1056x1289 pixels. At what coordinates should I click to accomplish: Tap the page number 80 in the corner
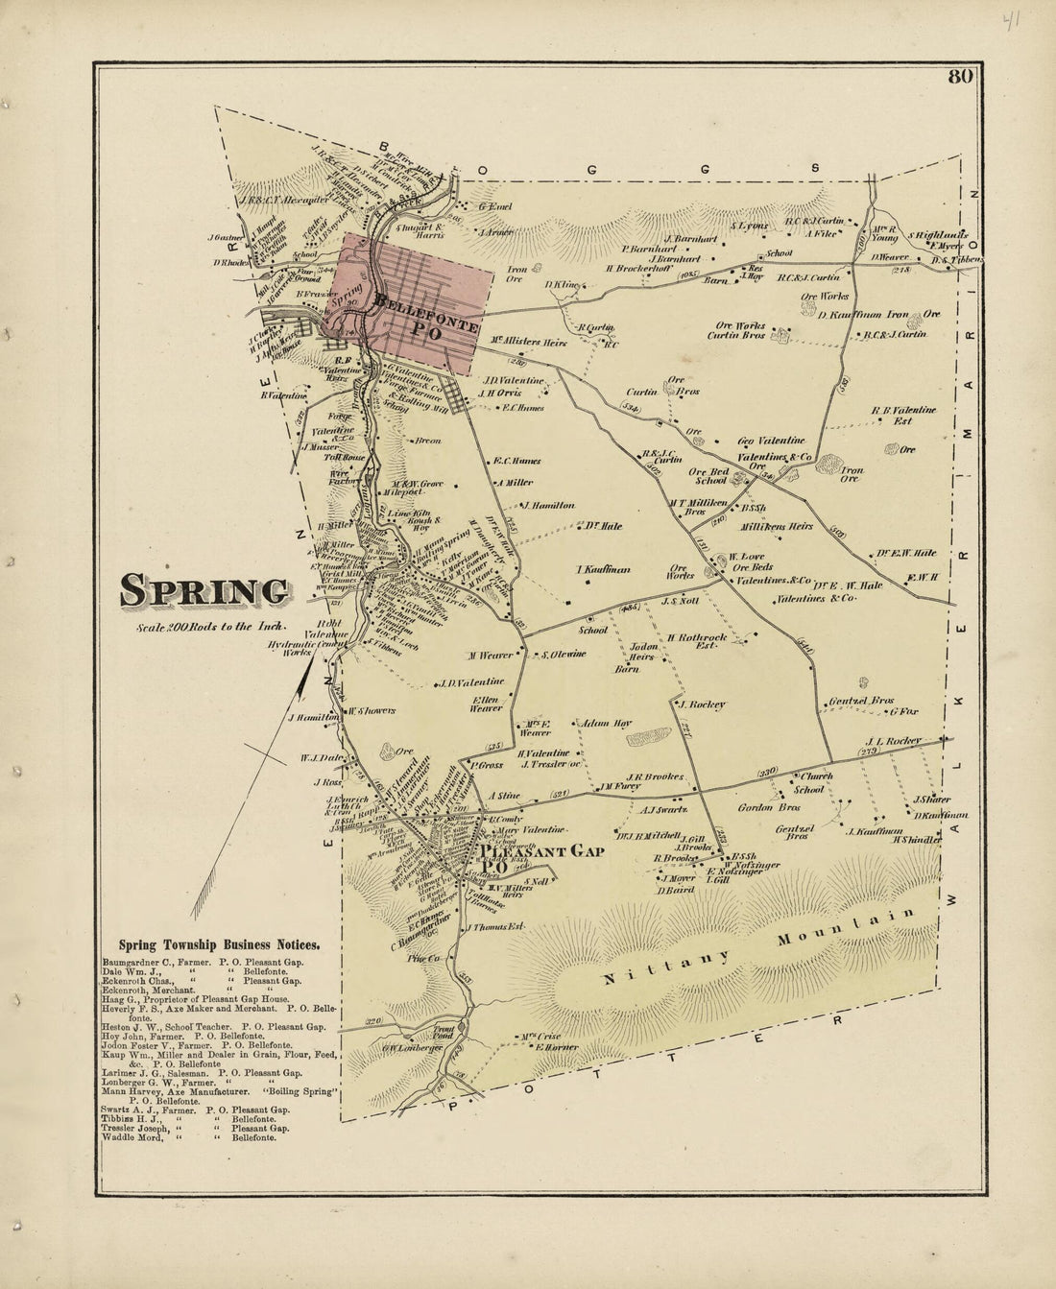(x=959, y=79)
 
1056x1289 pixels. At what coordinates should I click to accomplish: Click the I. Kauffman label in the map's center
(x=603, y=570)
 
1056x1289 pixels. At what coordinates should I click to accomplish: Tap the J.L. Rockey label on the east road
(x=893, y=741)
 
